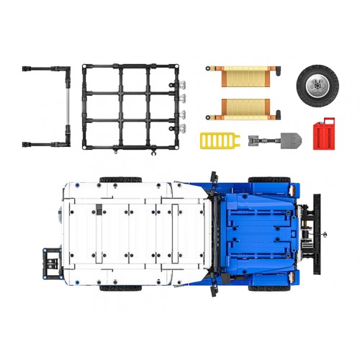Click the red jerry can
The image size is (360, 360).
click(x=323, y=134)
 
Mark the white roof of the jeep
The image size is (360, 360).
click(x=137, y=230)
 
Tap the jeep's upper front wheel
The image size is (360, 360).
click(x=269, y=179)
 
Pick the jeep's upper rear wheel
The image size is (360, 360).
click(x=120, y=179)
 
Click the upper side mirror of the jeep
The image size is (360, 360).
click(x=213, y=176)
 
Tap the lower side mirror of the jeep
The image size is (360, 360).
click(x=213, y=285)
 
